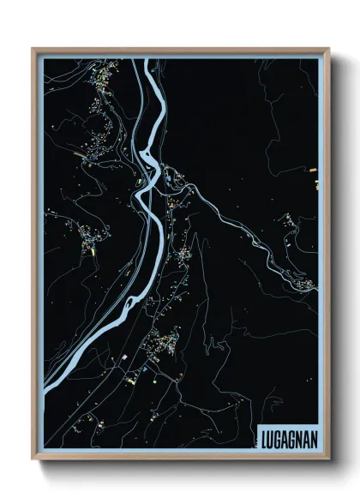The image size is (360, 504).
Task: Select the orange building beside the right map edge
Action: tap(316, 183)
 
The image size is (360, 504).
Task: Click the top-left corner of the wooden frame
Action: tap(33, 49)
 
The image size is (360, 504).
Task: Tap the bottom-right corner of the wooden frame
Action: tap(328, 459)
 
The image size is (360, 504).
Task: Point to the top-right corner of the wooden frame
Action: tap(328, 49)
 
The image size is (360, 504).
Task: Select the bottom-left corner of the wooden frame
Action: tap(33, 459)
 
